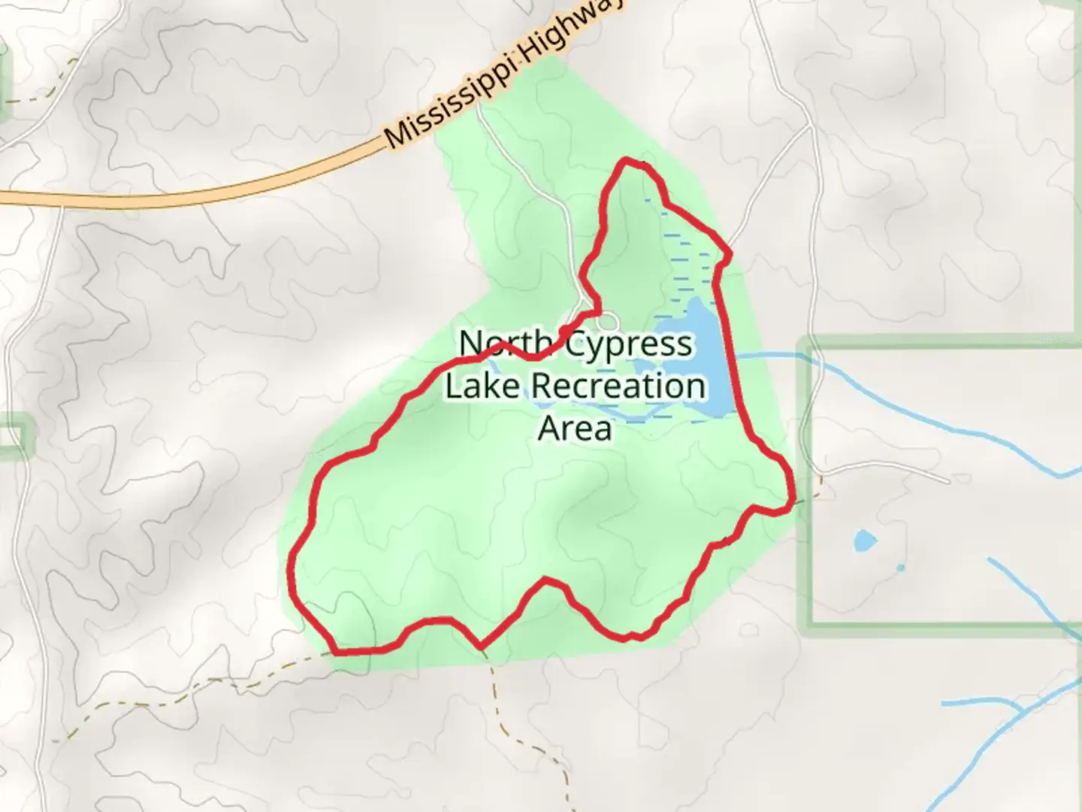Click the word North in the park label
click(505, 344)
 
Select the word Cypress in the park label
click(628, 344)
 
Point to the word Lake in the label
click(482, 386)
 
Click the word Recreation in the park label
click(618, 386)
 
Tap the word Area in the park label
click(575, 429)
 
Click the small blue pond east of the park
click(864, 540)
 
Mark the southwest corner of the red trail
click(335, 651)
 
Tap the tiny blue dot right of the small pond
click(901, 567)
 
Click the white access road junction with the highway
click(479, 106)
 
